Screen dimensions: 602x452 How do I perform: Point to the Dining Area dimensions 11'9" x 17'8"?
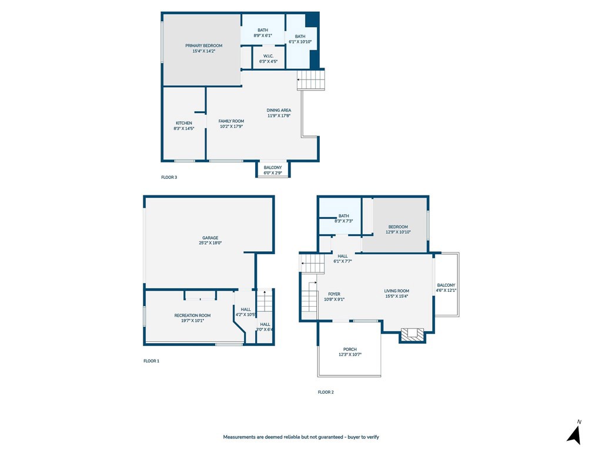click(279, 115)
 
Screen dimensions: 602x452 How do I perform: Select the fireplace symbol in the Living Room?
click(412, 334)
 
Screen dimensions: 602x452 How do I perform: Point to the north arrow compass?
click(575, 433)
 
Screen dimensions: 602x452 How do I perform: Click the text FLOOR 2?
click(326, 392)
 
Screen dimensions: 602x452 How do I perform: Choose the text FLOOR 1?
click(151, 361)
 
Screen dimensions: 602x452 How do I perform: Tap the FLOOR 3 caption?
click(169, 177)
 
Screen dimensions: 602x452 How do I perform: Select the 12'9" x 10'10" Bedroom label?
click(398, 230)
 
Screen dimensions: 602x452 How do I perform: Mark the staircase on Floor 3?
click(311, 80)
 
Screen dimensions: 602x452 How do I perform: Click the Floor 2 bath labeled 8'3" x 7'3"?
click(343, 218)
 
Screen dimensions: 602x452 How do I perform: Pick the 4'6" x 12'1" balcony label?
click(446, 288)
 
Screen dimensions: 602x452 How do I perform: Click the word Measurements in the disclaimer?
click(239, 437)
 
